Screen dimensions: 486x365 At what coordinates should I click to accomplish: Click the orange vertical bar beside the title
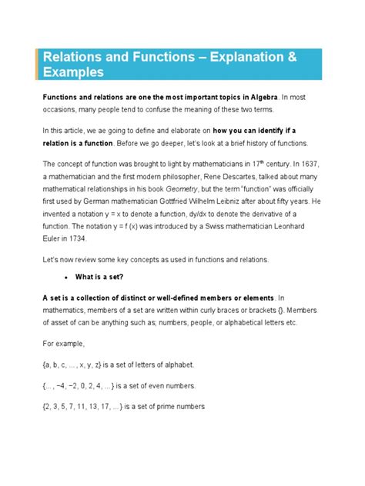pyautogui.click(x=37, y=64)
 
